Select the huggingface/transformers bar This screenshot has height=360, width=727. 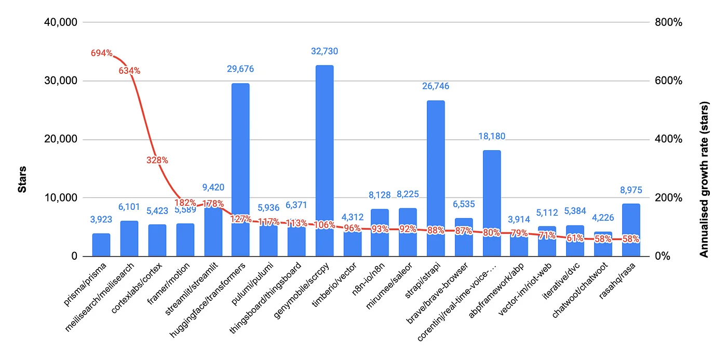click(x=240, y=156)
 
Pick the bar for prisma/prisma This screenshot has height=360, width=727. click(x=101, y=245)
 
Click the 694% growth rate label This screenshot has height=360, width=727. click(x=102, y=53)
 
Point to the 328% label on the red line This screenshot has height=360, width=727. click(x=157, y=161)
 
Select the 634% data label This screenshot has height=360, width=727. click(x=129, y=70)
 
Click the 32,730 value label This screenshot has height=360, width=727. click(x=325, y=51)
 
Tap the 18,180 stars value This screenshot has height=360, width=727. click(x=491, y=136)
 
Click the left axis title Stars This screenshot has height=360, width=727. click(x=22, y=179)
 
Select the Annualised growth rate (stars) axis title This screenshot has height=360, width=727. click(x=704, y=179)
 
